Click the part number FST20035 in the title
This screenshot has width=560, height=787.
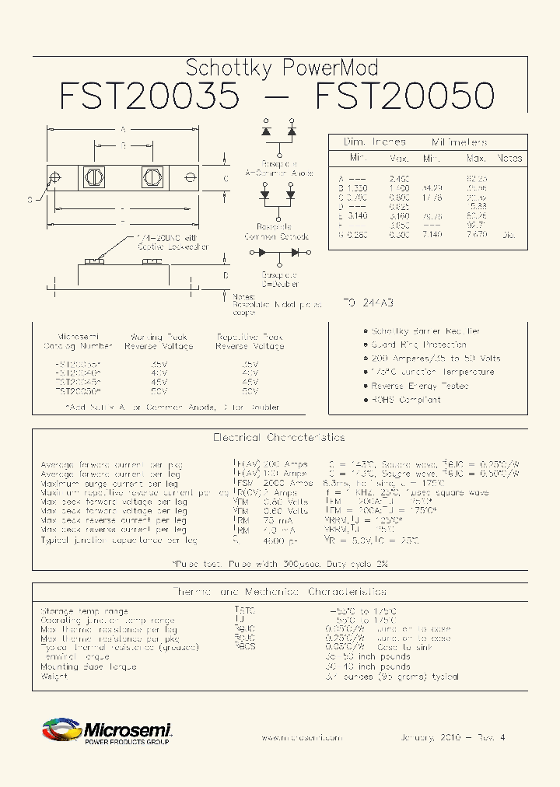pyautogui.click(x=149, y=96)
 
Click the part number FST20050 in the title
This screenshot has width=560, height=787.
pyautogui.click(x=404, y=96)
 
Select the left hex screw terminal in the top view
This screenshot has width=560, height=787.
pyautogui.click(x=93, y=177)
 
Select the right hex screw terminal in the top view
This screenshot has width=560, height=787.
pyautogui.click(x=151, y=177)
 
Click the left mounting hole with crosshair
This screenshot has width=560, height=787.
pyautogui.click(x=55, y=178)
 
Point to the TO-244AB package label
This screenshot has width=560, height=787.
pyautogui.click(x=368, y=303)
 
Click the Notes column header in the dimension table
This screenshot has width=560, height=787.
pyautogui.click(x=509, y=158)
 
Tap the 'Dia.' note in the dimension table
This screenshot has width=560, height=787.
pyautogui.click(x=509, y=233)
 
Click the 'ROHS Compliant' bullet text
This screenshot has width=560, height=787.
pyautogui.click(x=405, y=400)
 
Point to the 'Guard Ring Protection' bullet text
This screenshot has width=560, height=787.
pyautogui.click(x=418, y=345)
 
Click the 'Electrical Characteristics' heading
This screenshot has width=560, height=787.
pyautogui.click(x=278, y=438)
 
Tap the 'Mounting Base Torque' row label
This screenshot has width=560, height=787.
pyautogui.click(x=88, y=666)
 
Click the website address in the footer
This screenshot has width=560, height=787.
pyautogui.click(x=301, y=737)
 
